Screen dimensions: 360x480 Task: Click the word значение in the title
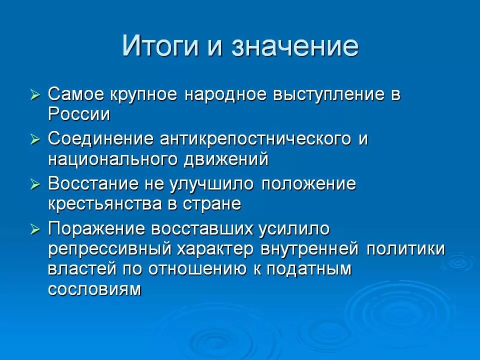click(x=294, y=47)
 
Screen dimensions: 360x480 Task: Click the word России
click(x=79, y=114)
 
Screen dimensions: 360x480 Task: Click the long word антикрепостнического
click(x=255, y=139)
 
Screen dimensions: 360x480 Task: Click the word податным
click(x=309, y=269)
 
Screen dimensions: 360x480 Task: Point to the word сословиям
click(x=95, y=289)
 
